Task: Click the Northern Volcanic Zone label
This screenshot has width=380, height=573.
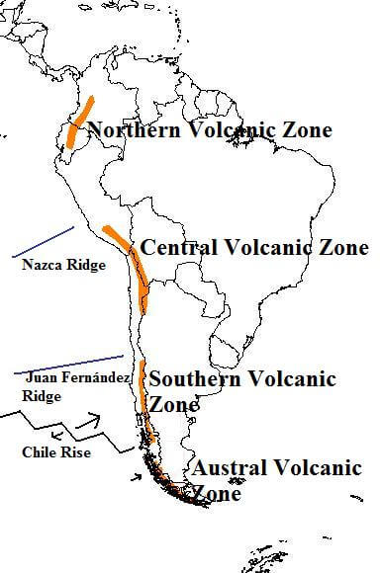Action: (210, 129)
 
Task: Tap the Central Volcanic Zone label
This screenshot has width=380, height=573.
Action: (254, 247)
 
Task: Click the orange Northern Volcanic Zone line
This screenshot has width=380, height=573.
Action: (79, 123)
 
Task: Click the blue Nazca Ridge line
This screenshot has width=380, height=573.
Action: (44, 243)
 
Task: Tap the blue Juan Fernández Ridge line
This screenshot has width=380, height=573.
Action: (69, 363)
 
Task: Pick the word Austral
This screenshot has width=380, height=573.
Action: (223, 467)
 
